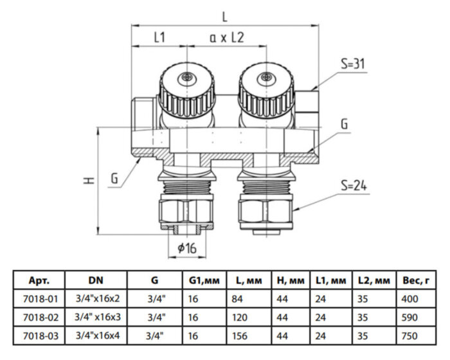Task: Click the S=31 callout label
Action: coord(354,64)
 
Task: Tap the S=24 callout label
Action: coord(352,186)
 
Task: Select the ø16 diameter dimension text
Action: coord(187,248)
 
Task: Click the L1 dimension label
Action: coord(159,38)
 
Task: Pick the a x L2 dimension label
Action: coord(227,38)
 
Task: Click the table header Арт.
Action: coord(39,281)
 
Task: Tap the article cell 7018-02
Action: coord(39,318)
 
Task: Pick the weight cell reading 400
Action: coord(409,299)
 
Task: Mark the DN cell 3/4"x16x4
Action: coord(96,336)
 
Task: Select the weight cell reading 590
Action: coord(409,318)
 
